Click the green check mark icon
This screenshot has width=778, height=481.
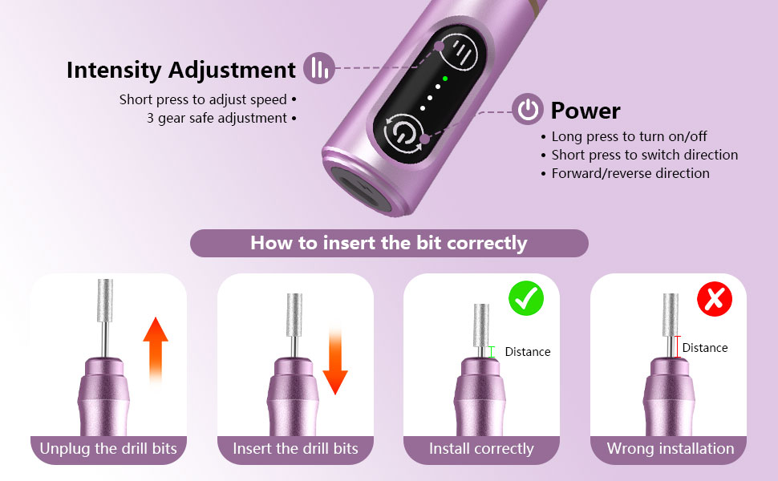[526, 299]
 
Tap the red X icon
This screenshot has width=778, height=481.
[714, 299]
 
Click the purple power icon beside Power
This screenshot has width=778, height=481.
[528, 110]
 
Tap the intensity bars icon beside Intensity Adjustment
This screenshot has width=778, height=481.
[319, 68]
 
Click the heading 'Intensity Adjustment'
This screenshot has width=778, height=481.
[181, 70]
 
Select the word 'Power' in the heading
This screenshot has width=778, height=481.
[586, 111]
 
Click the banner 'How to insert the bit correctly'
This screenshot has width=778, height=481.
[389, 243]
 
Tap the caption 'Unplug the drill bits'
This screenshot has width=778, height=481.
[108, 448]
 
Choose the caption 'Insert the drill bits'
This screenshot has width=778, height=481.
[295, 448]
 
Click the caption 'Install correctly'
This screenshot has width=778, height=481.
[481, 448]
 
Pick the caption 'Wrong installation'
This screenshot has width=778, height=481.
[671, 448]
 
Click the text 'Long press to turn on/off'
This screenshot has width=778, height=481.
[629, 136]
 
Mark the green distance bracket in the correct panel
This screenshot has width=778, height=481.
[492, 351]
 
